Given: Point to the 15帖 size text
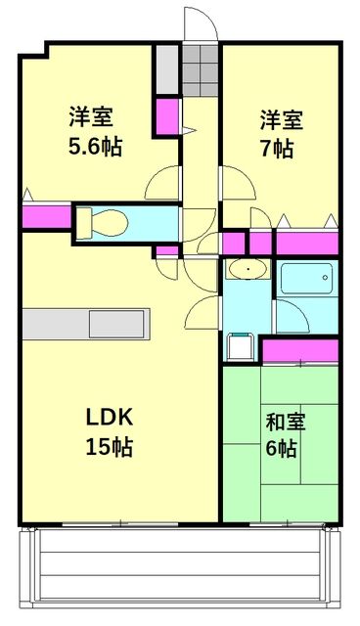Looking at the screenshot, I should click(109, 448).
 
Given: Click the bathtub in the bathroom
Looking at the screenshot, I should click(307, 282).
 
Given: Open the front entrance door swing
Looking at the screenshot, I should click(198, 24).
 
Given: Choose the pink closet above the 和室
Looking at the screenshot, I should click(300, 349).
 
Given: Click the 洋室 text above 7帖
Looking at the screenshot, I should click(281, 120).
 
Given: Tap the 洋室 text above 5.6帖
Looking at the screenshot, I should click(91, 117).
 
